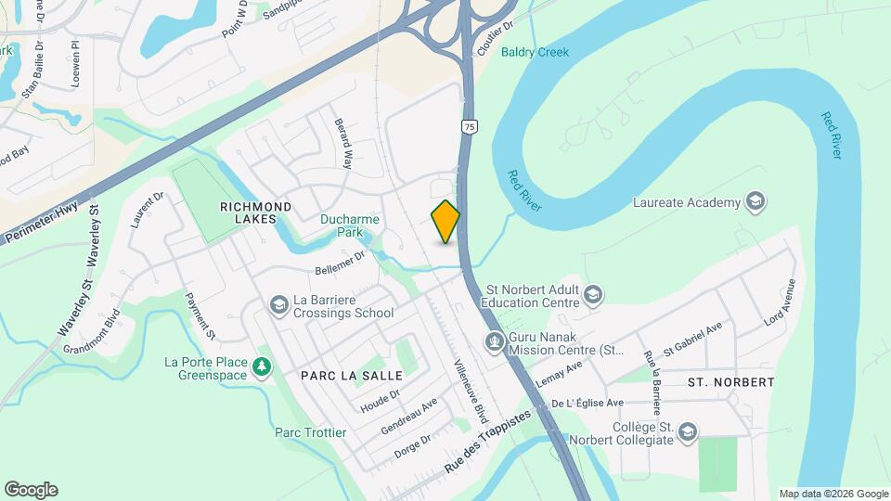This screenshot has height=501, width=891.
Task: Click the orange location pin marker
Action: (x=446, y=222)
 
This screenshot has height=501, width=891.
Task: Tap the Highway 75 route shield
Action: (x=471, y=127)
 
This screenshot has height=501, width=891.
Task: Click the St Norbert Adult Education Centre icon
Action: (x=593, y=295)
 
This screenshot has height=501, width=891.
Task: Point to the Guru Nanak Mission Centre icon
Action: (x=495, y=343)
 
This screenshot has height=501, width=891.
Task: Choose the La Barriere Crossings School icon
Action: (x=278, y=304)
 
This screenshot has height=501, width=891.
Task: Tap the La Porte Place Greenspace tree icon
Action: (x=263, y=368)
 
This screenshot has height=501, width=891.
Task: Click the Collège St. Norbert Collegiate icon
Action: (x=687, y=432)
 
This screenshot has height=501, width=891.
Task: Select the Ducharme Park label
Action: (x=346, y=226)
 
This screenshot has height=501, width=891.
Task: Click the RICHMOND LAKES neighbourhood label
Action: (x=255, y=212)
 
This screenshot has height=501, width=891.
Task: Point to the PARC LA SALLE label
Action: (x=352, y=376)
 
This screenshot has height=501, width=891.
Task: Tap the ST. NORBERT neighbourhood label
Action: (x=731, y=381)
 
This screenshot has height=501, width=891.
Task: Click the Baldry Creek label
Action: (x=535, y=52)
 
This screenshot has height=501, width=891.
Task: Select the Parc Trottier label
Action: (x=310, y=432)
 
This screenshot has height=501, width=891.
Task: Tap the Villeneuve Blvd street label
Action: (x=471, y=391)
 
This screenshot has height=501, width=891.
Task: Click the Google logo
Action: (x=31, y=489)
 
